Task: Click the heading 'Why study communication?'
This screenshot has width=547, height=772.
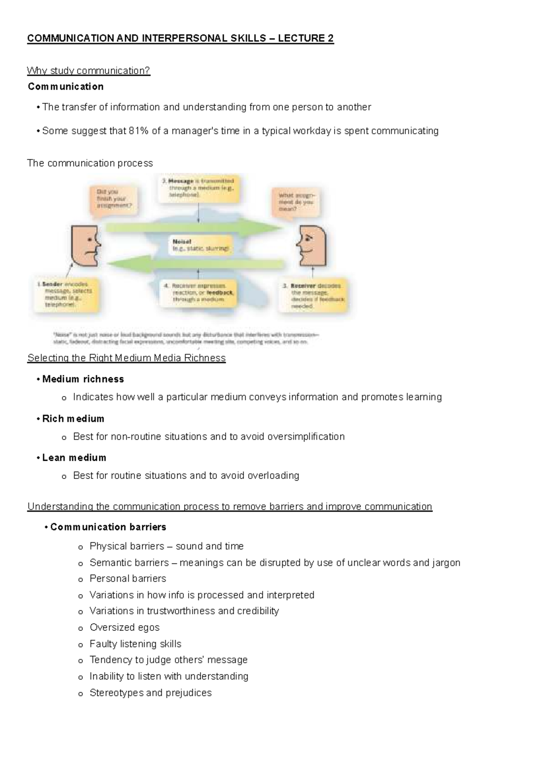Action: point(88,71)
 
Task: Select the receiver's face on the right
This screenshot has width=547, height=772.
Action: point(312,247)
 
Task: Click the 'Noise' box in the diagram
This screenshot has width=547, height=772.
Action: point(201,246)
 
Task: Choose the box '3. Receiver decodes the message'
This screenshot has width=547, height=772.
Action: point(315,296)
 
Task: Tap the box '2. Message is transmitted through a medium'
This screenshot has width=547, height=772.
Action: point(198,188)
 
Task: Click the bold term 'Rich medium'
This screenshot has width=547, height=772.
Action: point(73,419)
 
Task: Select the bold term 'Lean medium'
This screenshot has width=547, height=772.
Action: point(74,458)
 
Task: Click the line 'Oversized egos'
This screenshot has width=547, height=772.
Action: point(124,628)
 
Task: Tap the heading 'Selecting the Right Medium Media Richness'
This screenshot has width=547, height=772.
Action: point(126,358)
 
